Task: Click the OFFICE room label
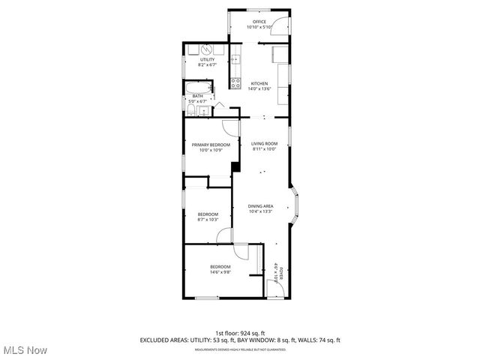tap(259, 22)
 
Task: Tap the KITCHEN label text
tap(259, 83)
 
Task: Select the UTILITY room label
tap(207, 60)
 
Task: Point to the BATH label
tap(197, 96)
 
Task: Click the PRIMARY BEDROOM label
tap(210, 144)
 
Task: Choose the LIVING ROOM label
tap(264, 143)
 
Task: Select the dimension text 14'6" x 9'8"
tap(220, 273)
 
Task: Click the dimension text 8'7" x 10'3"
tap(207, 219)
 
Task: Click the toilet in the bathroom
tap(192, 110)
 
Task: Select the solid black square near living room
tap(235, 166)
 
